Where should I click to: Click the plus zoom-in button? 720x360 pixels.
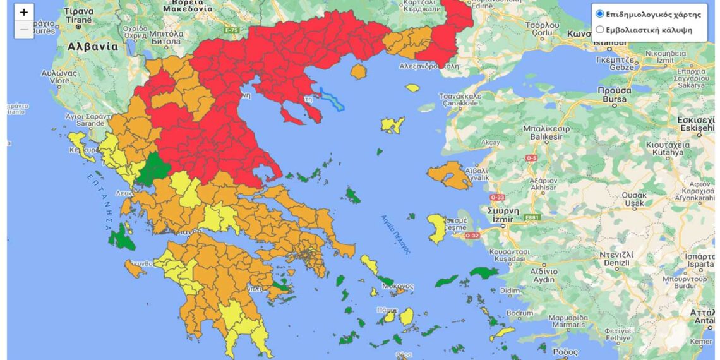(x=24, y=12)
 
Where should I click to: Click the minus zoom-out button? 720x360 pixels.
(x=24, y=29)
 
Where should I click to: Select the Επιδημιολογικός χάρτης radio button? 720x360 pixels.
(x=600, y=14)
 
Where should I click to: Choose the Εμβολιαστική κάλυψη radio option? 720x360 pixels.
(x=600, y=29)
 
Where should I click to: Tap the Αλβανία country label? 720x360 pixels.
(x=93, y=47)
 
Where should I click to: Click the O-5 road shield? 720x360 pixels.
(x=531, y=158)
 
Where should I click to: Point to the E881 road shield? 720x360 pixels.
(x=533, y=218)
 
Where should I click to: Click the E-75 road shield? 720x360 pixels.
(x=232, y=29)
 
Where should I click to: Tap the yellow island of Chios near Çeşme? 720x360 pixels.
(x=436, y=228)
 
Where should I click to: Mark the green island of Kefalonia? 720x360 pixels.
(x=120, y=238)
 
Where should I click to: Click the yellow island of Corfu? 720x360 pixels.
(x=78, y=140)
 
